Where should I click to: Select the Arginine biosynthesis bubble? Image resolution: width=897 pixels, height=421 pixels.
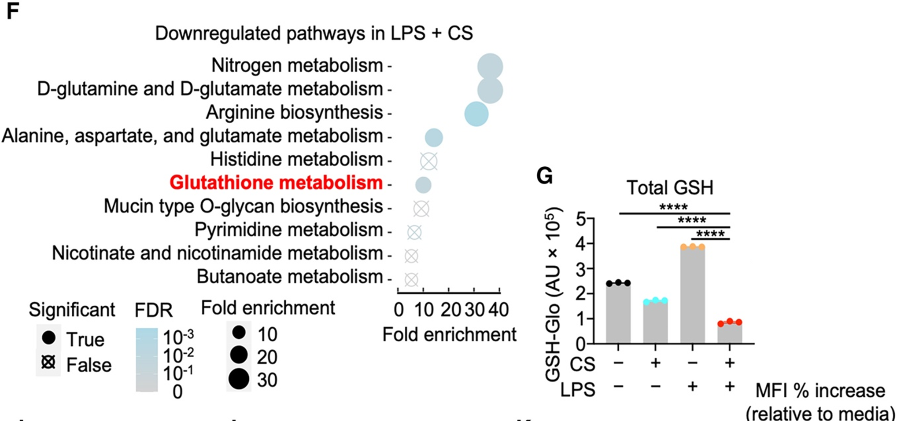pyautogui.click(x=476, y=113)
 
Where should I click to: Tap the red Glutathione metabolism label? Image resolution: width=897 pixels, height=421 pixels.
pyautogui.click(x=276, y=183)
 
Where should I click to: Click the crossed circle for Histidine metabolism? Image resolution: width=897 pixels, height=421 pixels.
pyautogui.click(x=428, y=161)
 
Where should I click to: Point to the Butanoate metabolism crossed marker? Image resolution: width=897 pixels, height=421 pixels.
pyautogui.click(x=411, y=279)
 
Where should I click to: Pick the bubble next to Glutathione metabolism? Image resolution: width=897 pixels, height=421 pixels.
pyautogui.click(x=423, y=185)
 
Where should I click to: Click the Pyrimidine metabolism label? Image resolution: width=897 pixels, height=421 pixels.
pyautogui.click(x=288, y=230)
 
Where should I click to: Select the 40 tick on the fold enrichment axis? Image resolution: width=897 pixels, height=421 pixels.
pyautogui.click(x=499, y=310)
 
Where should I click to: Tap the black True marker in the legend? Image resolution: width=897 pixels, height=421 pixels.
pyautogui.click(x=48, y=338)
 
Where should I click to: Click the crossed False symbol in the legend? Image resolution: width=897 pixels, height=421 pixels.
pyautogui.click(x=48, y=363)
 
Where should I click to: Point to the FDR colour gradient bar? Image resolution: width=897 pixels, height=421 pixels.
pyautogui.click(x=147, y=359)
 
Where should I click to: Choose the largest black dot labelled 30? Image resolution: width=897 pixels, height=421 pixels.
pyautogui.click(x=239, y=379)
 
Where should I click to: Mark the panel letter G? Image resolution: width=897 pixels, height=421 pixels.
pyautogui.click(x=545, y=176)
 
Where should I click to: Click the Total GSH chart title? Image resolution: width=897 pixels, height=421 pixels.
pyautogui.click(x=670, y=188)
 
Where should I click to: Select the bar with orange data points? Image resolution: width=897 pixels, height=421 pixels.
pyautogui.click(x=692, y=295)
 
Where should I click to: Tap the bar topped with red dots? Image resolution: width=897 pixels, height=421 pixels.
pyautogui.click(x=730, y=333)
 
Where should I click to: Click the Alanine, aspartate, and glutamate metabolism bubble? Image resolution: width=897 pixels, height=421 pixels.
pyautogui.click(x=434, y=137)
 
